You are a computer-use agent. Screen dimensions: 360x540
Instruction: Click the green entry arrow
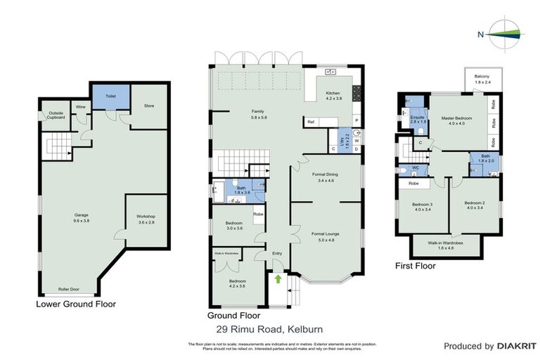[278, 279]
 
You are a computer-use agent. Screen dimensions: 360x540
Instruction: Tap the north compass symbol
[500, 34]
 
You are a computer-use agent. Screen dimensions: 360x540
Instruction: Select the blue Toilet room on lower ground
[110, 97]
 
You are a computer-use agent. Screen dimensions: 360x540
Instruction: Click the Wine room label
[81, 108]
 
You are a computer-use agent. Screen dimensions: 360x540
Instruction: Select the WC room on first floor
[415, 169]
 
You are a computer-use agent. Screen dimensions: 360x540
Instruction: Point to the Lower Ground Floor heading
[76, 304]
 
